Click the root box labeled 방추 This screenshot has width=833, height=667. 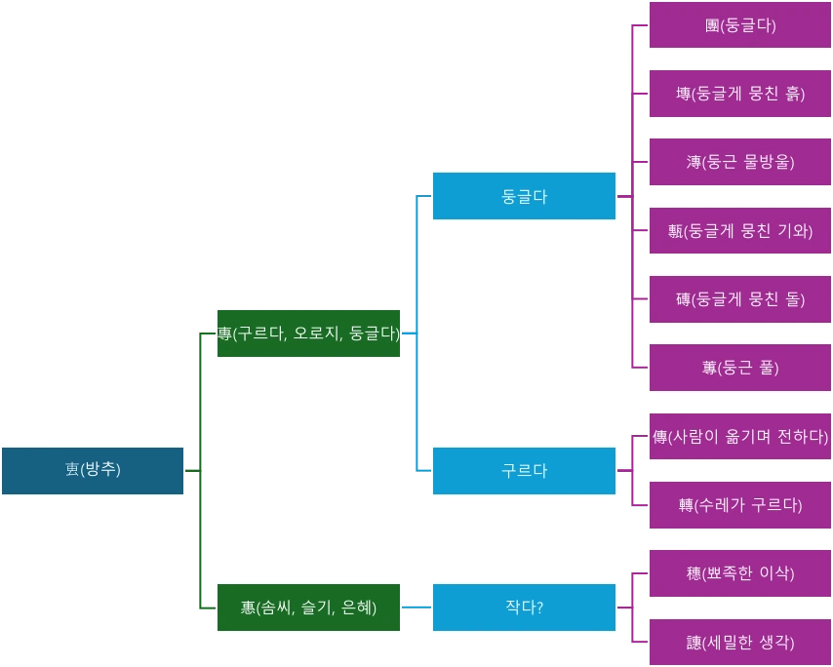pyautogui.click(x=93, y=471)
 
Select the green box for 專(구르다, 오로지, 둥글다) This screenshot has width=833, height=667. pyautogui.click(x=308, y=333)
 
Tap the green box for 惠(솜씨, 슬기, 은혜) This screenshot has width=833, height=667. pyautogui.click(x=308, y=608)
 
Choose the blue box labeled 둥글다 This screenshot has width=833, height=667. pyautogui.click(x=524, y=196)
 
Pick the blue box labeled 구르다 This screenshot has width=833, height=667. pyautogui.click(x=524, y=471)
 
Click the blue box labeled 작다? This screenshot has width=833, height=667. pyautogui.click(x=524, y=608)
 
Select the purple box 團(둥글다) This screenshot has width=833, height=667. pyautogui.click(x=740, y=25)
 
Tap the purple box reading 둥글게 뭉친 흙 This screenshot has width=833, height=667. pyautogui.click(x=740, y=94)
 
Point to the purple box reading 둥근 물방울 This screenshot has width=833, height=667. pyautogui.click(x=740, y=162)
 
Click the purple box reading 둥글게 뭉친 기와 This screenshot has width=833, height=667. pyautogui.click(x=740, y=231)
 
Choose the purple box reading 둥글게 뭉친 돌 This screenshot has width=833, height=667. pyautogui.click(x=740, y=299)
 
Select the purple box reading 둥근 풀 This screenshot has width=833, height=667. pyautogui.click(x=740, y=368)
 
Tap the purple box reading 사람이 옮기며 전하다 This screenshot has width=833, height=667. pyautogui.click(x=740, y=436)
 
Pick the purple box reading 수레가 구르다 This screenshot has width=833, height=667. pyautogui.click(x=740, y=505)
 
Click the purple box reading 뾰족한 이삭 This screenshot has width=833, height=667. pyautogui.click(x=740, y=573)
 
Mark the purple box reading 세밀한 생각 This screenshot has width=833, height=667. pyautogui.click(x=740, y=643)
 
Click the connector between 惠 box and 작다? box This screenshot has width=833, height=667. pyautogui.click(x=416, y=606)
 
